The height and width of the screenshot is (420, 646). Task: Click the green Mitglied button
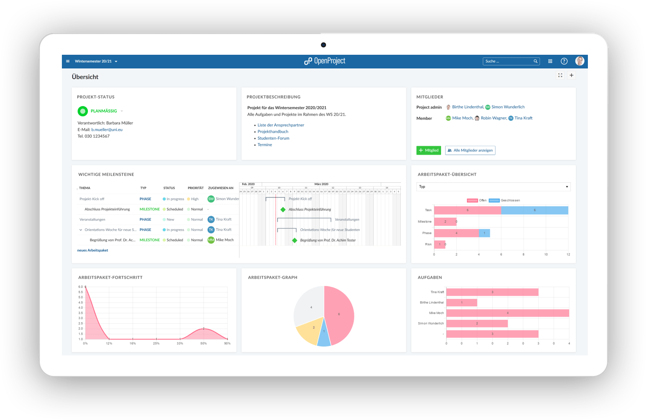click(x=429, y=150)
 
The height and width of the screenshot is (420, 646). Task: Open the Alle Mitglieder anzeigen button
click(x=470, y=150)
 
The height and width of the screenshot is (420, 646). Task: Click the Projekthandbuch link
click(x=273, y=131)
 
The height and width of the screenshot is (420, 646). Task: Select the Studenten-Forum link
click(x=273, y=138)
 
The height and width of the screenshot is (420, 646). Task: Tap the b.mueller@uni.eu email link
click(x=107, y=130)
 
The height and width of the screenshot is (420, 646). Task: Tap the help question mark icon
click(x=564, y=61)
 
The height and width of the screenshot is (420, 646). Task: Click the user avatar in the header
click(x=580, y=61)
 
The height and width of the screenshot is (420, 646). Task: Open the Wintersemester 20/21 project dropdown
click(x=96, y=61)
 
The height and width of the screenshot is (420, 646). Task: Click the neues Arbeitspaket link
click(x=92, y=250)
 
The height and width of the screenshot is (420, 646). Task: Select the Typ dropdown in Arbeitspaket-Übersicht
click(x=494, y=187)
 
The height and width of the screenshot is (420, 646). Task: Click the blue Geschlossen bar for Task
click(x=534, y=210)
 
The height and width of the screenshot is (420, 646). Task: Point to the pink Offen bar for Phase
click(x=456, y=233)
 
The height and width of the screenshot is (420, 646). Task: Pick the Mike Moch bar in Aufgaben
click(x=508, y=313)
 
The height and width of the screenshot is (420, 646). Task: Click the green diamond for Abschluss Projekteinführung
click(x=283, y=210)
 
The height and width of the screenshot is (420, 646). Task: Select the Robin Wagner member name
click(x=494, y=118)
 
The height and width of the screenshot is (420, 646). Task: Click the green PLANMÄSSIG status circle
click(x=83, y=111)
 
